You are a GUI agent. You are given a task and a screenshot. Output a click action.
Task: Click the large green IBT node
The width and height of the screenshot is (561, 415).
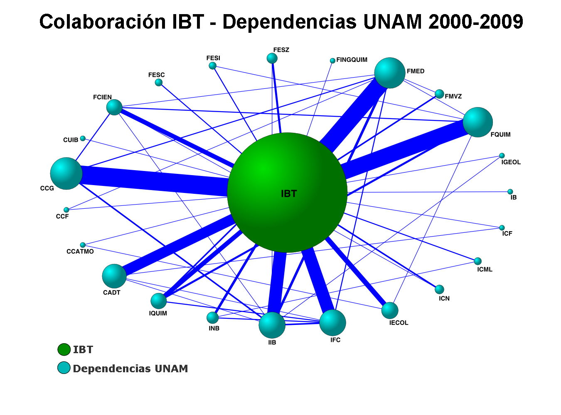[287, 193]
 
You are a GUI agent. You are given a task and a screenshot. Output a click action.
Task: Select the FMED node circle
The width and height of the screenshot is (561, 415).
[390, 73]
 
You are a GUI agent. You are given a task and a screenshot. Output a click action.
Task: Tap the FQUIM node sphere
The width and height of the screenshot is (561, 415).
[477, 122]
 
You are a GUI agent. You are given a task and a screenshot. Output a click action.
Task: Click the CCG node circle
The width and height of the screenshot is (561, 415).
[66, 173]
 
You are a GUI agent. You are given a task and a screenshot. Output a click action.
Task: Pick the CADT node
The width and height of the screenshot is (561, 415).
[114, 276]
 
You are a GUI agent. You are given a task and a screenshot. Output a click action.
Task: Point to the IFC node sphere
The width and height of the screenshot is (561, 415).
[332, 322]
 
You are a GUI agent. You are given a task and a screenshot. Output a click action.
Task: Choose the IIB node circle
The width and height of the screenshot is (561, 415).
[272, 325]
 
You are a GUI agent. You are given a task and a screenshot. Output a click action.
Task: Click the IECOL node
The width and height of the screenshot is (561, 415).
[390, 310]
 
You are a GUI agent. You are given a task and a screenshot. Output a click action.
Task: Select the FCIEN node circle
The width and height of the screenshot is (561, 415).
[114, 107]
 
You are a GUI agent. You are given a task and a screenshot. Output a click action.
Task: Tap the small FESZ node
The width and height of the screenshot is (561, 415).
[272, 58]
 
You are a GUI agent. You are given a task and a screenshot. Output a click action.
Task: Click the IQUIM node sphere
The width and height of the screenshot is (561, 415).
[159, 301]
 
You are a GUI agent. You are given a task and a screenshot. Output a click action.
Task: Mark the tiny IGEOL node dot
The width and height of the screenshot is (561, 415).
[502, 156]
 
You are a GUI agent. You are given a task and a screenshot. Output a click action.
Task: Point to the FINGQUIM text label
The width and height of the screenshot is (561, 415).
[352, 60]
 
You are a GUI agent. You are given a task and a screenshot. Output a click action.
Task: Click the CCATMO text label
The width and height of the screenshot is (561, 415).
[80, 251]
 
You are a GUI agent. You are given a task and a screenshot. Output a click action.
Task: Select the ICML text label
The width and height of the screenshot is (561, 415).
[485, 269]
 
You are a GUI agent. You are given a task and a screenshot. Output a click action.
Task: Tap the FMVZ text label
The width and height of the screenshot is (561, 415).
[453, 96]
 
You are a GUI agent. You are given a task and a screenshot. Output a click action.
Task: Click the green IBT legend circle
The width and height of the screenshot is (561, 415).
[64, 349]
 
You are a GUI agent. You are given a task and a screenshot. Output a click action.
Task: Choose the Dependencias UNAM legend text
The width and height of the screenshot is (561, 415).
[130, 369]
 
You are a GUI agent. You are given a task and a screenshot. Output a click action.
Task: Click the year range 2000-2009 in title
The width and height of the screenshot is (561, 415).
[476, 22]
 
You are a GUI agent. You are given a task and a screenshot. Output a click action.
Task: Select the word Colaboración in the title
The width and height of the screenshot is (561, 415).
[103, 22]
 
